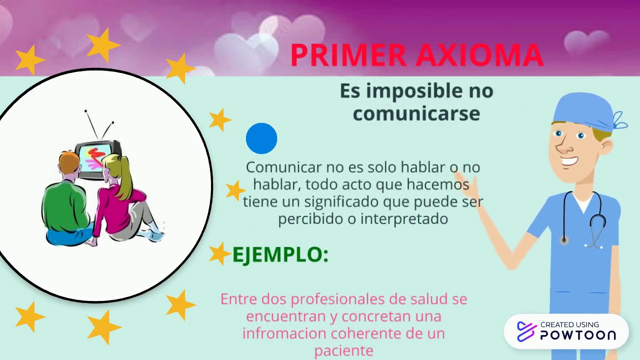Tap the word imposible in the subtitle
click(x=415, y=91)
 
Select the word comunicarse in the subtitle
click(x=416, y=114)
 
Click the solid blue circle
click(x=261, y=138)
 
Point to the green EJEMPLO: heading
click(x=280, y=254)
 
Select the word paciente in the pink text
click(x=343, y=350)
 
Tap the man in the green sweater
click(x=65, y=205)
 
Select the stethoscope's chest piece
click(x=564, y=240)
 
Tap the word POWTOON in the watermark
click(x=577, y=335)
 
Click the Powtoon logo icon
click(x=526, y=331)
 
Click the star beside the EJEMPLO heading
click(x=218, y=253)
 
